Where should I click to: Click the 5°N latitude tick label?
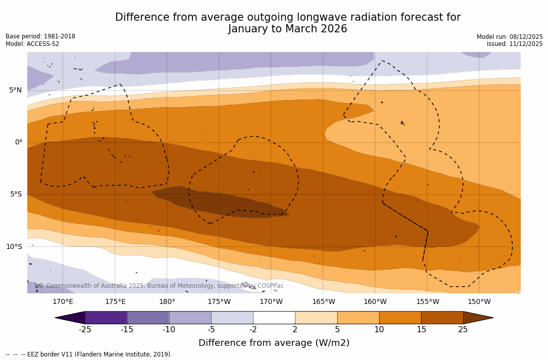15,90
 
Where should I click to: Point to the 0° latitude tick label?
19,142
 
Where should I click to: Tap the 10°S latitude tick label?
14,246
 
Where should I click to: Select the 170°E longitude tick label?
63,302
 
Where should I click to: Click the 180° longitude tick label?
167,302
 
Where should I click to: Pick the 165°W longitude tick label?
323,302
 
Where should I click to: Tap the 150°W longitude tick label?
479,302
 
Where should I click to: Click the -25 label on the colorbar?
85,330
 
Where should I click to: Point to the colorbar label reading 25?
463,330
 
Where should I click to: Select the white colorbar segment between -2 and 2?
274,318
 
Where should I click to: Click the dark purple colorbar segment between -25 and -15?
106,318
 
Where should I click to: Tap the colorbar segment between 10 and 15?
400,318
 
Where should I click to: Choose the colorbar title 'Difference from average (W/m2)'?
274,343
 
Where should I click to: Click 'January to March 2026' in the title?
287,29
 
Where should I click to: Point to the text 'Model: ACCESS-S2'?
32,44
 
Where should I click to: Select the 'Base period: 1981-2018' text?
40,36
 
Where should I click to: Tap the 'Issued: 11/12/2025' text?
515,44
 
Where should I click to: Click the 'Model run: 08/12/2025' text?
510,37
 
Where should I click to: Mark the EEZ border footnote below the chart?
89,354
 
